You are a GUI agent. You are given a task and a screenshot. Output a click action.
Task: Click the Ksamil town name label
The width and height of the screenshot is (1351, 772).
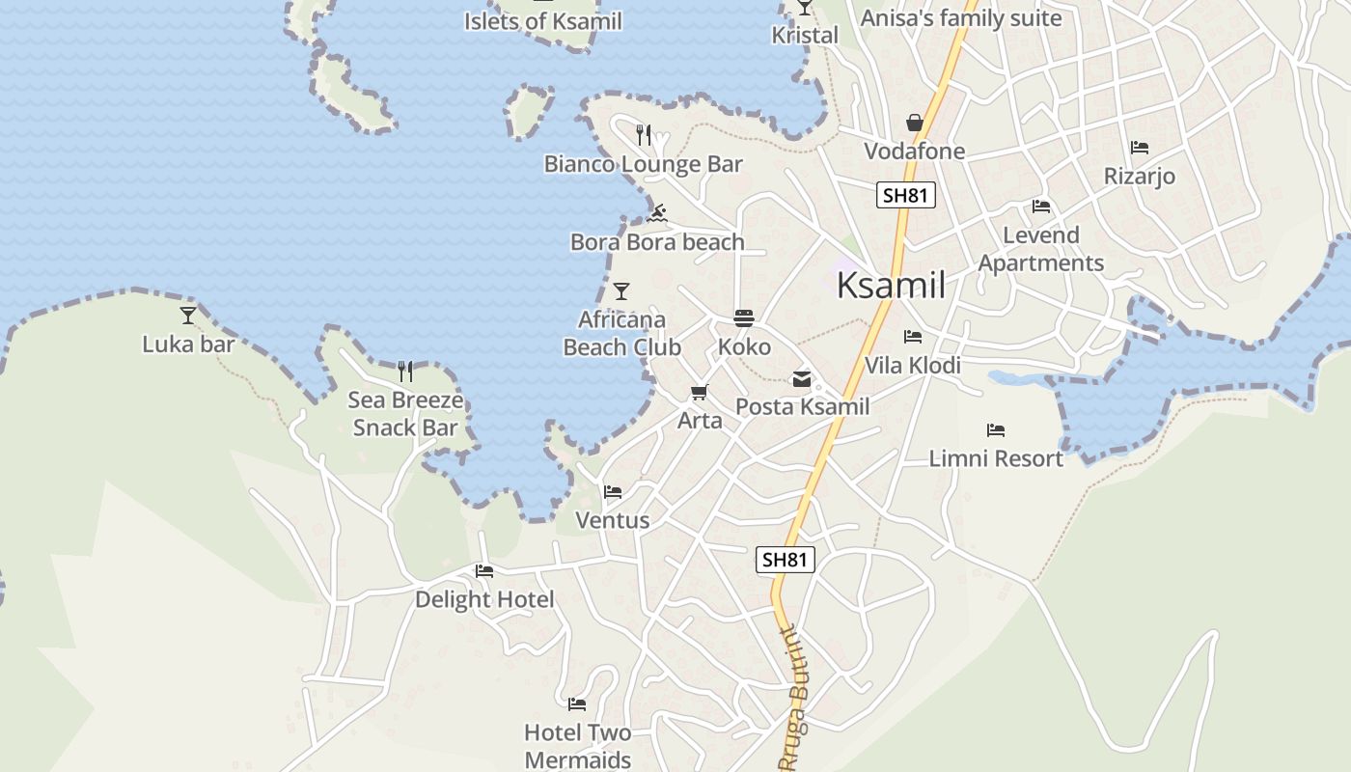pyautogui.click(x=891, y=286)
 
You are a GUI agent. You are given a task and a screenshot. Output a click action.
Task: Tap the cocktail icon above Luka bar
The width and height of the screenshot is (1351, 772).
pyautogui.click(x=188, y=315)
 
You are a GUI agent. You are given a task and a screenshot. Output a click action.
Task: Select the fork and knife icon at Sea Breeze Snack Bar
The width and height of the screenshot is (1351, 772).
pyautogui.click(x=405, y=371)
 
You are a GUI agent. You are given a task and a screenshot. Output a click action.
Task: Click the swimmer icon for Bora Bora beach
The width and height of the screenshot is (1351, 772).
pyautogui.click(x=657, y=212)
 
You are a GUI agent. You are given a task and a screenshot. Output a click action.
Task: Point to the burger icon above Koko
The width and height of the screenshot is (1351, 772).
pyautogui.click(x=744, y=317)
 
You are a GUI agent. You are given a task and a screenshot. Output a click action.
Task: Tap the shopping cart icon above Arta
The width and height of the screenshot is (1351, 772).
pyautogui.click(x=700, y=392)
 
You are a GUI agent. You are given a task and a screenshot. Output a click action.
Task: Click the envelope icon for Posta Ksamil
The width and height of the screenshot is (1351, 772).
pyautogui.click(x=802, y=379)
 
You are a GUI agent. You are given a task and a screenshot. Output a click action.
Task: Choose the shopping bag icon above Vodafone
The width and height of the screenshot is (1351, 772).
pyautogui.click(x=914, y=123)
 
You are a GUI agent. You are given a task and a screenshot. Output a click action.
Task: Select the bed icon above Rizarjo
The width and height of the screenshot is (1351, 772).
pyautogui.click(x=1140, y=148)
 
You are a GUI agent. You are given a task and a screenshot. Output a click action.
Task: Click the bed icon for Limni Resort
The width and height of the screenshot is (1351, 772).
pyautogui.click(x=996, y=430)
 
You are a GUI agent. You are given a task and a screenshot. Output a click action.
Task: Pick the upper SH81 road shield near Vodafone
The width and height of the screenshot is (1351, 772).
pyautogui.click(x=905, y=195)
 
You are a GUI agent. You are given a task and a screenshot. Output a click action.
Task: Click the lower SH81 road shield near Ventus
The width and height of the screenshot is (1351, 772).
pyautogui.click(x=786, y=560)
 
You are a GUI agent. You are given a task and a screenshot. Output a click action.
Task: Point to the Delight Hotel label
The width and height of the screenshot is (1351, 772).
pyautogui.click(x=484, y=599)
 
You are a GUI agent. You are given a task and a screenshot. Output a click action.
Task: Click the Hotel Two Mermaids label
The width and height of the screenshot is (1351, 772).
pyautogui.click(x=577, y=746)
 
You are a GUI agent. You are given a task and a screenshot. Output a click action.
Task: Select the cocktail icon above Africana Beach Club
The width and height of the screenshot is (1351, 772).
pyautogui.click(x=621, y=290)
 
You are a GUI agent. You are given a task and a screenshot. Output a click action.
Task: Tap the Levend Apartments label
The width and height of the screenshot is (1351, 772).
pyautogui.click(x=1040, y=249)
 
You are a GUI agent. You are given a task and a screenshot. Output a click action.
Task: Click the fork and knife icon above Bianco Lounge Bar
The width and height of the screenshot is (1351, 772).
pyautogui.click(x=645, y=134)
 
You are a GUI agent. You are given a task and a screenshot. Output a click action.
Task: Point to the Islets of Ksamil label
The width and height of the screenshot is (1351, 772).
pyautogui.click(x=543, y=21)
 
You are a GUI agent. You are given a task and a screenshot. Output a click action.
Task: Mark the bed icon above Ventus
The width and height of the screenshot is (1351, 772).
pyautogui.click(x=613, y=492)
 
